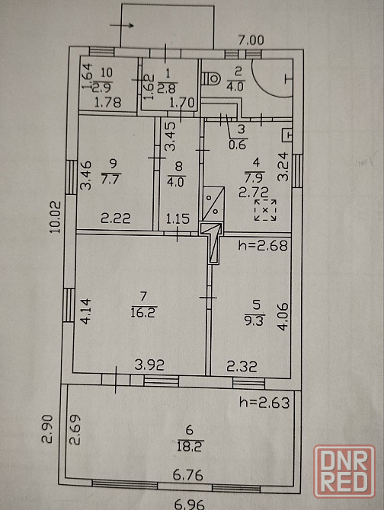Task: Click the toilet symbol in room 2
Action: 211,78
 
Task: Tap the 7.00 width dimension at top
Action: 251,40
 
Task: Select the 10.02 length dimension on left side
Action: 56,217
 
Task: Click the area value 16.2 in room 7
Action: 143,313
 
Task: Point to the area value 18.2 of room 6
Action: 190,446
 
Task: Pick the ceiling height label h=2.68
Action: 263,245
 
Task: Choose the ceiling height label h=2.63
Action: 264,403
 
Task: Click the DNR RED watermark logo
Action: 344,471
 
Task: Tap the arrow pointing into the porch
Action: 122,25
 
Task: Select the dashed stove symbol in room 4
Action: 265,210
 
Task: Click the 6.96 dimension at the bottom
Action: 189,504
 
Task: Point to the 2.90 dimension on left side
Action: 47,429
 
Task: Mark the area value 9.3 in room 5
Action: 254,321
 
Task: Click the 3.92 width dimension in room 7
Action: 149,365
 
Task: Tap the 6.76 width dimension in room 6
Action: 187,475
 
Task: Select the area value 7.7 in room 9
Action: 111,179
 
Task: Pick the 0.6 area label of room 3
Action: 237,145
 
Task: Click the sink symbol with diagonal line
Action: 213,204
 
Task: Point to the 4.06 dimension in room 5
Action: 283,317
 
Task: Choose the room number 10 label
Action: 107,72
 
